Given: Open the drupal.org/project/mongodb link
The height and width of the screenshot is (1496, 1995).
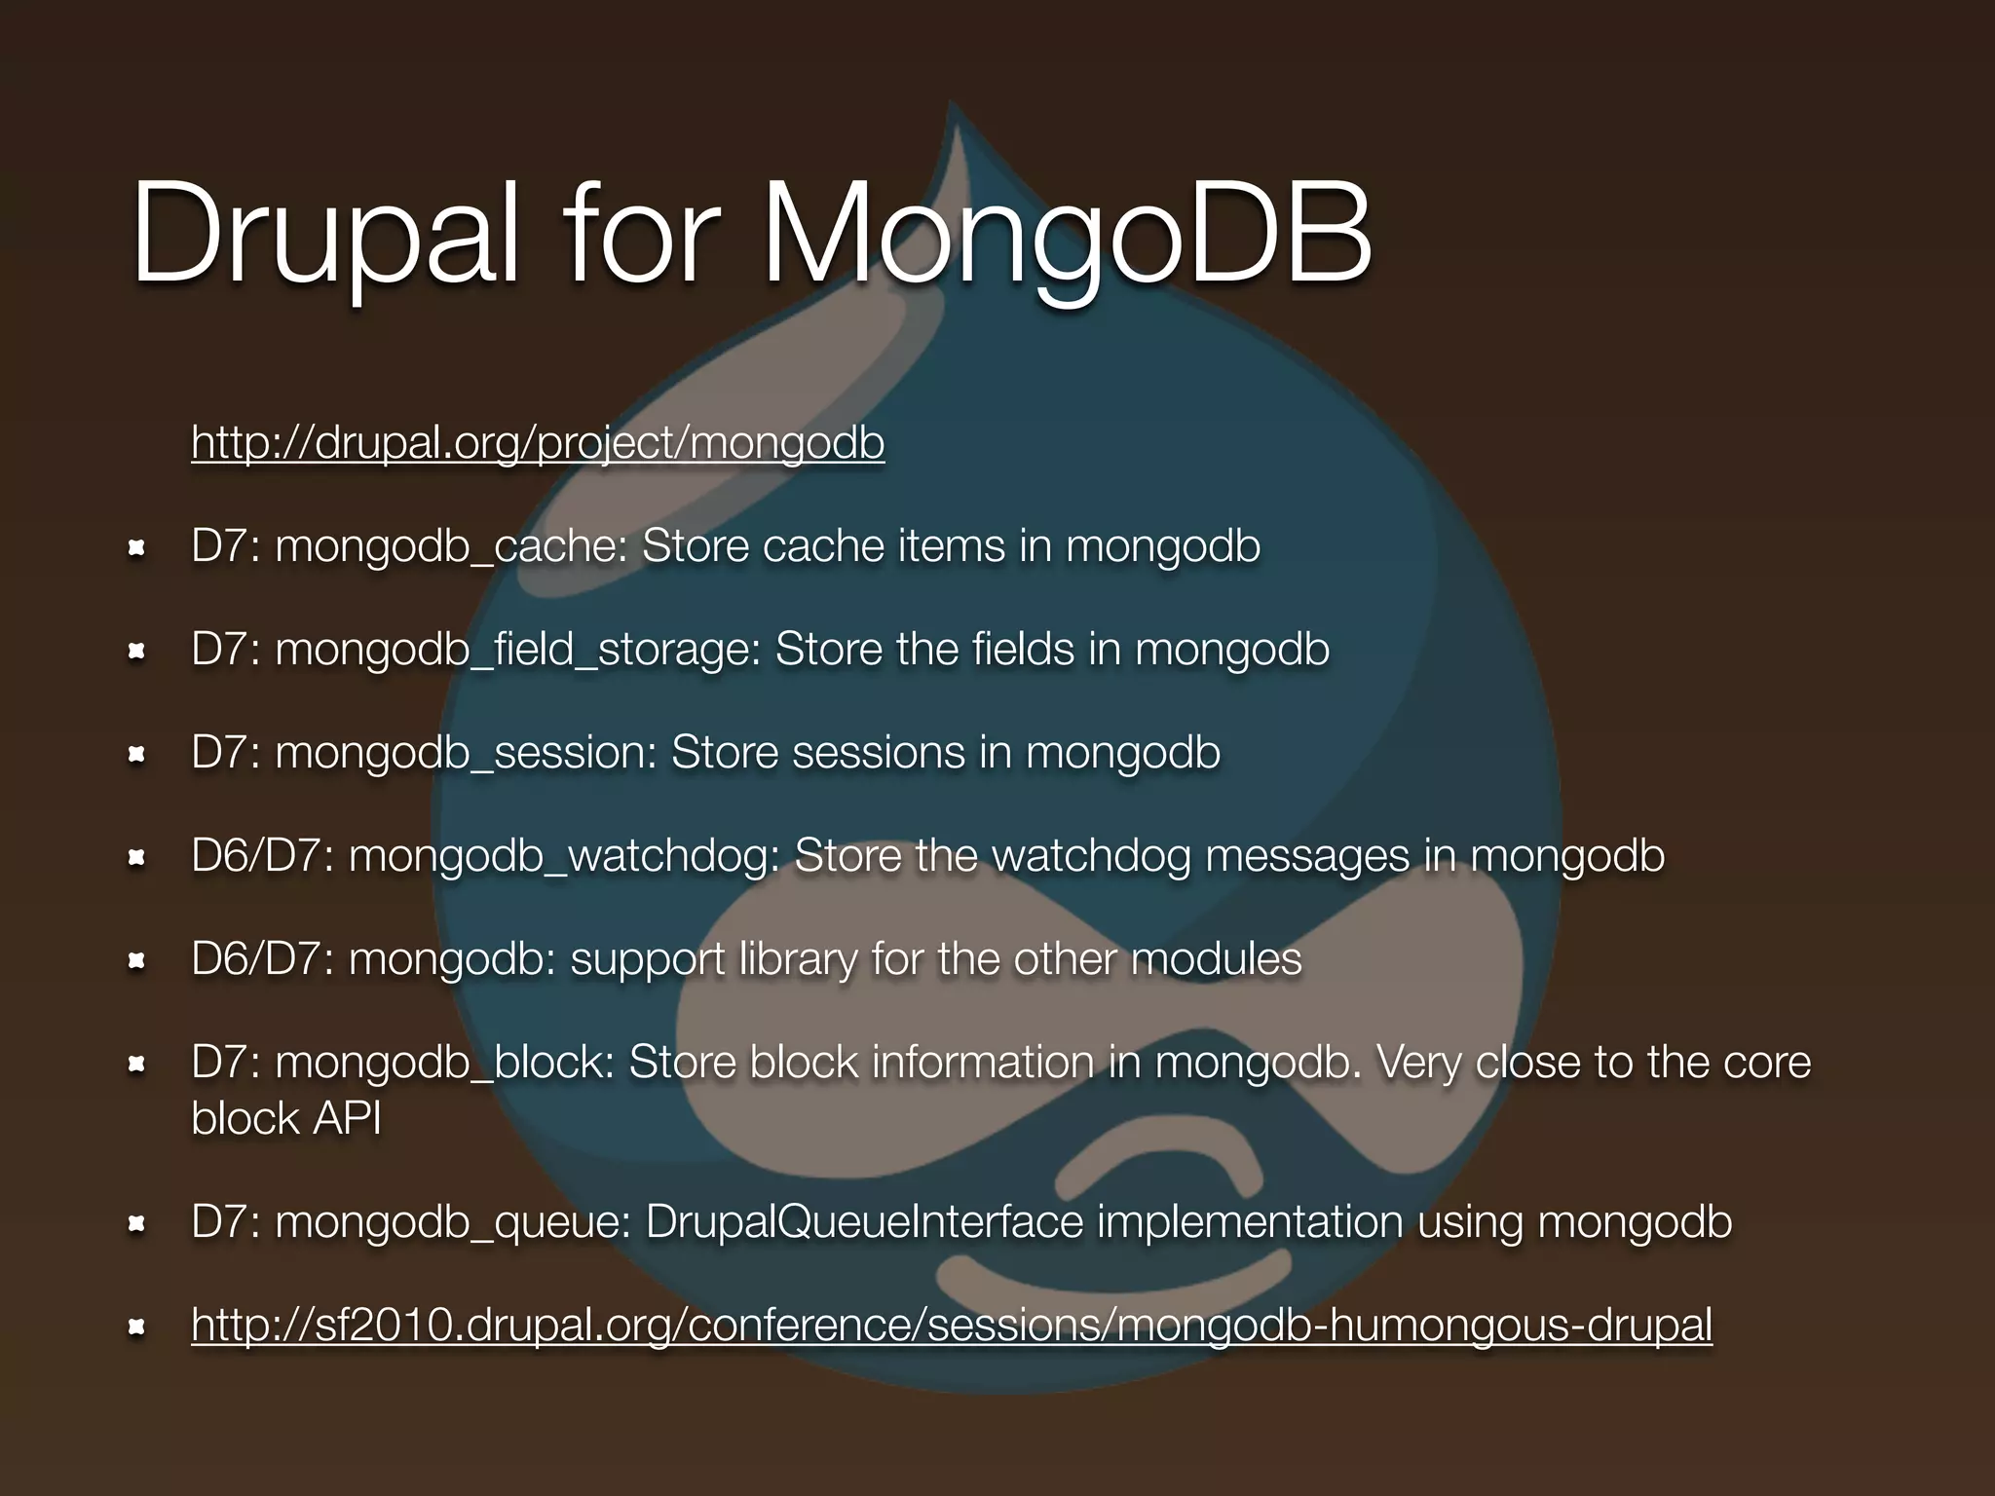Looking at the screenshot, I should [538, 442].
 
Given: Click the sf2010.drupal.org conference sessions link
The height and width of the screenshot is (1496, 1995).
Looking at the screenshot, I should [951, 1324].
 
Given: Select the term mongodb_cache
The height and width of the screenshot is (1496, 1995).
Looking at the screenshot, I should [449, 546].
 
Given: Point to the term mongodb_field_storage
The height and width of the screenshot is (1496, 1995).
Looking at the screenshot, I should [516, 650].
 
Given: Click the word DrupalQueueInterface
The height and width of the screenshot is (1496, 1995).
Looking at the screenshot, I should [864, 1221].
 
